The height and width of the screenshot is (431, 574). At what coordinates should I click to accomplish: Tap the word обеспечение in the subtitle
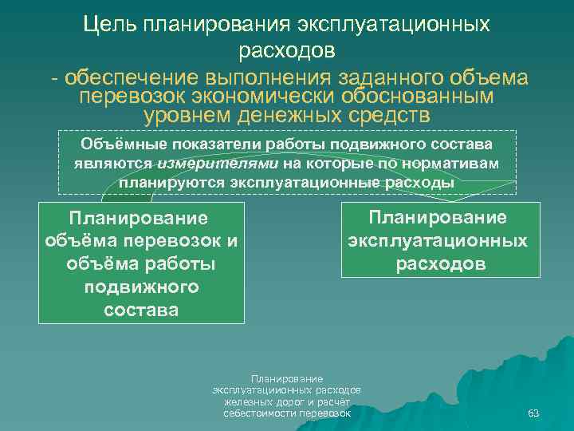pyautogui.click(x=132, y=78)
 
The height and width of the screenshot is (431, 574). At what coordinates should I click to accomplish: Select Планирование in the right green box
pyautogui.click(x=437, y=218)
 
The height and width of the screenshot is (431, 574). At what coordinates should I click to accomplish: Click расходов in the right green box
pyautogui.click(x=440, y=263)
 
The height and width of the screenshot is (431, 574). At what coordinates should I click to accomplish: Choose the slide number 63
pyautogui.click(x=534, y=413)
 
